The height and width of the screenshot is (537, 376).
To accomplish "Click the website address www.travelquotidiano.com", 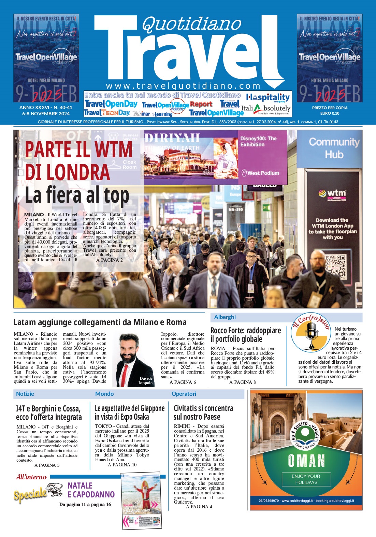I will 183,86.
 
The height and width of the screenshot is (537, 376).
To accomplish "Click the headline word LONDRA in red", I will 67,172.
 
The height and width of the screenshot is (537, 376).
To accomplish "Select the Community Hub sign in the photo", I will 334,148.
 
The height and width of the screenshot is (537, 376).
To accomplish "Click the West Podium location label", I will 263,173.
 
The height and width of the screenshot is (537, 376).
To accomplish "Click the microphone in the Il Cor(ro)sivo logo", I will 312,331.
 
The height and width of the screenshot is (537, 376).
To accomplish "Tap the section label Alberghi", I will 225,317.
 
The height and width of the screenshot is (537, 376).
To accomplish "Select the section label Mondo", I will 104,394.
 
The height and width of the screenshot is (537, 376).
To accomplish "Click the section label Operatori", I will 184,394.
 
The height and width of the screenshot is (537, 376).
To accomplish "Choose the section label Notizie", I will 25,394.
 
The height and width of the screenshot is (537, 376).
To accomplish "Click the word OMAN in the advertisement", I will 306,461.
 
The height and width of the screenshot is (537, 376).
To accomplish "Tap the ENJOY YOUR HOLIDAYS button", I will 306,479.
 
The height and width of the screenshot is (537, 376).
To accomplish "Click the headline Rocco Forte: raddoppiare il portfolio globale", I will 246,335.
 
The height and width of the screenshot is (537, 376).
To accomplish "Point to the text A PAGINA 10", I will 122,465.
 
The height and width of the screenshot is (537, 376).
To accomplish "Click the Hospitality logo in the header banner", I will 268,98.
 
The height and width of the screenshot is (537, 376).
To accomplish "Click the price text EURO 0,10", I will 330,113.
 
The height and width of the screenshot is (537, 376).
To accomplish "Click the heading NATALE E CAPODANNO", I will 91,490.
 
